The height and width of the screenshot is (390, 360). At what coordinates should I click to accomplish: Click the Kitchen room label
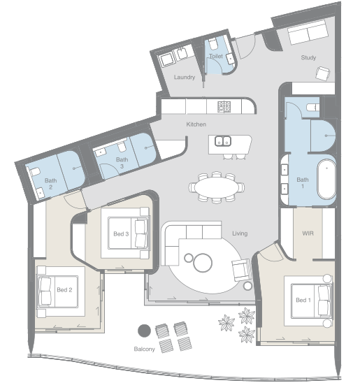click(196, 124)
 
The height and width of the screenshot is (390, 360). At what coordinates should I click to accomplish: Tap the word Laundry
click(185, 77)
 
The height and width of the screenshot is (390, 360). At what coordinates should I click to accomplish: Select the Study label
click(308, 57)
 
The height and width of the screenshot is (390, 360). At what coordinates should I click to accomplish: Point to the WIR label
click(308, 233)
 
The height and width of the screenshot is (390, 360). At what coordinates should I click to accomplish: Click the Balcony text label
click(144, 349)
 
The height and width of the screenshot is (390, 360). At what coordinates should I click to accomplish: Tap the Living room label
click(240, 233)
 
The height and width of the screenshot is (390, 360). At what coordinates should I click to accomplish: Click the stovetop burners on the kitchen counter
click(224, 107)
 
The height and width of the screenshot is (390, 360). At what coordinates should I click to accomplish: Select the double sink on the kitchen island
click(223, 141)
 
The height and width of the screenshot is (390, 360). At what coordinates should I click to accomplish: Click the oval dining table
click(217, 187)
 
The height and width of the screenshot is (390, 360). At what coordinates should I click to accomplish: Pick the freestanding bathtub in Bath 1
click(326, 180)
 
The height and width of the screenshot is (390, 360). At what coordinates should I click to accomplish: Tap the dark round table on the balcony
click(144, 331)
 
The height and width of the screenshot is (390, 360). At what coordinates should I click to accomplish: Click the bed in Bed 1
click(308, 301)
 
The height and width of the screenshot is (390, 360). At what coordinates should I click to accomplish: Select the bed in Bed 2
click(61, 291)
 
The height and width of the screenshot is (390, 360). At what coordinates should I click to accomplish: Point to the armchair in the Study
click(323, 73)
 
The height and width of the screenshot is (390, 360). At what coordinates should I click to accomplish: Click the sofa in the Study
click(308, 32)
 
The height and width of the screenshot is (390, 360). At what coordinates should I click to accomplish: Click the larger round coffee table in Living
click(203, 263)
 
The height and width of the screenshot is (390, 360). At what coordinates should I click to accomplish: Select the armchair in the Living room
click(241, 270)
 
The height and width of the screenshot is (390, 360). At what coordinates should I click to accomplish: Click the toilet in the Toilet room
click(213, 44)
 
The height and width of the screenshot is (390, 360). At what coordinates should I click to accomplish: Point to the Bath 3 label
click(122, 163)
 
